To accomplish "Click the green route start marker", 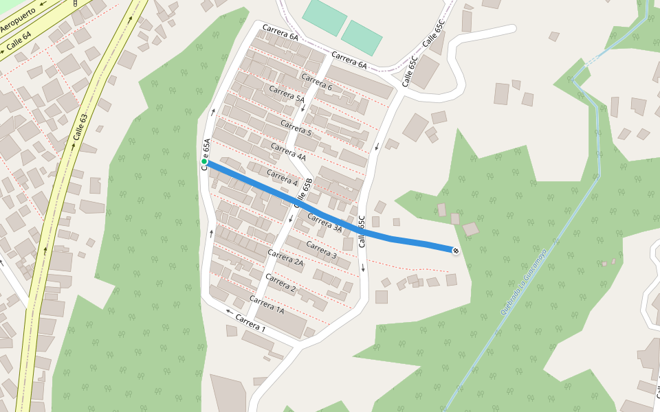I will coord(204,162).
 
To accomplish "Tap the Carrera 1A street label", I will coord(267,305).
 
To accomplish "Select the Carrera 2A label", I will coord(285,257).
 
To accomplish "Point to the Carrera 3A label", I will coord(324,223).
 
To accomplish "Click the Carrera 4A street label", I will coord(288,152).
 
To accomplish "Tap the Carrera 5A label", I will coord(286,94).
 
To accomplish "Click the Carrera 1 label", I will coord(250,322).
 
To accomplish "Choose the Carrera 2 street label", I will coord(280,283).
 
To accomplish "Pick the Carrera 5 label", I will coord(296,127).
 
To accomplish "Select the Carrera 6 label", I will coord(316,82).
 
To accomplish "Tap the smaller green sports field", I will coord(362,37).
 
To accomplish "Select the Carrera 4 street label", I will coord(281,179).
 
